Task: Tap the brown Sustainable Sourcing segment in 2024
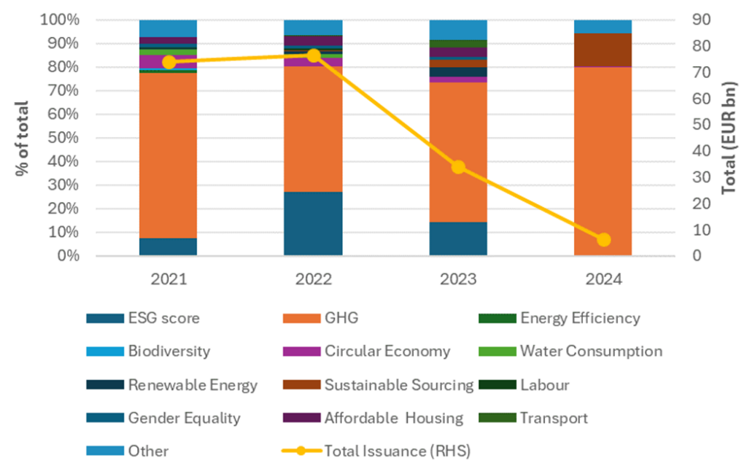pos(603,50)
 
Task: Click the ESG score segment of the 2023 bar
pos(458,239)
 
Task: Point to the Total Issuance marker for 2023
pos(458,167)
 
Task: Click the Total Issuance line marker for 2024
pos(603,239)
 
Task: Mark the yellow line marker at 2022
pos(313,55)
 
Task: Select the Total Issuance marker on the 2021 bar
pos(169,62)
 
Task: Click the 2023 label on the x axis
pos(458,280)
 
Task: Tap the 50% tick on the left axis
pos(61,138)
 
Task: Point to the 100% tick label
pos(57,20)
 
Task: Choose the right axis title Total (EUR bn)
pos(729,137)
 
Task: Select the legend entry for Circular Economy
pos(387,351)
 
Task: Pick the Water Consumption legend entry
pos(591,351)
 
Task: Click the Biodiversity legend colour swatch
pos(100,351)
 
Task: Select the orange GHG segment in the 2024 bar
pos(603,160)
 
